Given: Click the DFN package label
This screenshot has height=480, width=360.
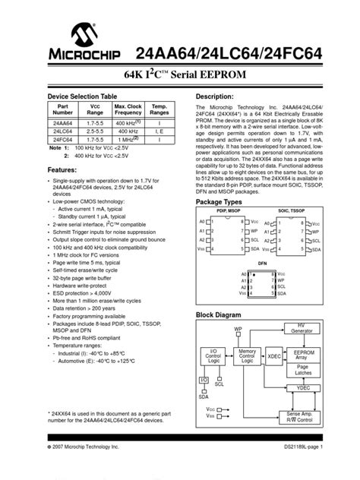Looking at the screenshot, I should (x=262, y=265).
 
